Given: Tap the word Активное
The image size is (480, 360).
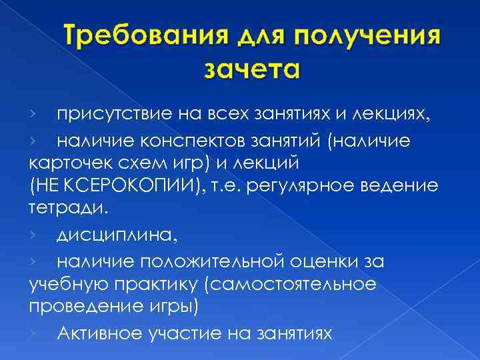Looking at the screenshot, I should pos(93,333).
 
